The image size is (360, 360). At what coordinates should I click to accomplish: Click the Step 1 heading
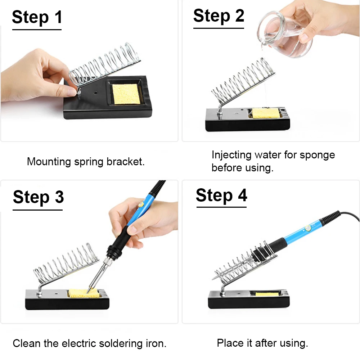(37, 17)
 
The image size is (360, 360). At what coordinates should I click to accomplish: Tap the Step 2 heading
(219, 16)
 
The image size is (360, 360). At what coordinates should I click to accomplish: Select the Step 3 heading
(39, 197)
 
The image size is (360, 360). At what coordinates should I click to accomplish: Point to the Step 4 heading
(221, 195)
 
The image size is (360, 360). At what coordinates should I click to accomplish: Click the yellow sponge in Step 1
(126, 94)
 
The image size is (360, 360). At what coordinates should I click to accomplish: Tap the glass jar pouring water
(285, 34)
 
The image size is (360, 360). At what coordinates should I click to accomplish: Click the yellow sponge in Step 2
(265, 113)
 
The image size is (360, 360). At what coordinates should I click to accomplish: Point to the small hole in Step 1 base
(95, 93)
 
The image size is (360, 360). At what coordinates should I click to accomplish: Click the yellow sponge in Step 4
(267, 294)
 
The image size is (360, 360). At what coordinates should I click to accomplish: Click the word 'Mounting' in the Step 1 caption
(49, 162)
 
